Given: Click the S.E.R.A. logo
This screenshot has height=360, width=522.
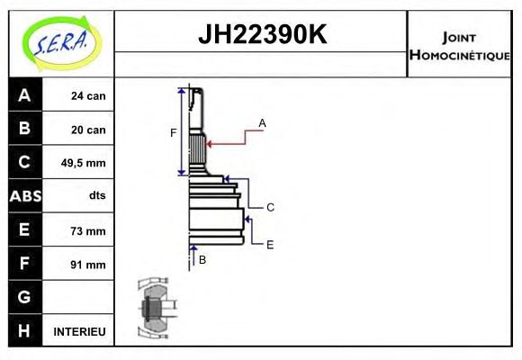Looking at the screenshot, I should click(x=60, y=42).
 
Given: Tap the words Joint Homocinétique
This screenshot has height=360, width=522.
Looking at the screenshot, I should click(x=459, y=45).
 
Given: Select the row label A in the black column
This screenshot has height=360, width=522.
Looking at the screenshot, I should click(x=24, y=95).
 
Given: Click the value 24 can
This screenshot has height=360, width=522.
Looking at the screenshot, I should click(x=88, y=96).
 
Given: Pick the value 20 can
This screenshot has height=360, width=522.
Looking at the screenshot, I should click(x=88, y=130).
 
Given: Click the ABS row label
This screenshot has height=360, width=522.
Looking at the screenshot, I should click(x=24, y=196).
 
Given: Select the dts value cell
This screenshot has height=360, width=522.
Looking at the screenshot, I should click(x=97, y=196).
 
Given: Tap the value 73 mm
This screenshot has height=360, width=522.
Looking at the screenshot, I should click(x=88, y=230).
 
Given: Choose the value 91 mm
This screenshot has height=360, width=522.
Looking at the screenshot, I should click(x=88, y=264).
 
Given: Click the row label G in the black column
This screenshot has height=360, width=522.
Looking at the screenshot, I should click(x=24, y=297).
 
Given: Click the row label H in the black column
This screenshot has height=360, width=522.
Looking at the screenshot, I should click(x=24, y=331).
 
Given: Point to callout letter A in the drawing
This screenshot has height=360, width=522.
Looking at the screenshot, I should click(x=262, y=122).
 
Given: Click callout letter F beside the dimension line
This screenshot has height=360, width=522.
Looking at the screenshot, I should click(x=174, y=133).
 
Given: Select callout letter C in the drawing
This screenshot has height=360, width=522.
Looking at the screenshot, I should click(x=270, y=207).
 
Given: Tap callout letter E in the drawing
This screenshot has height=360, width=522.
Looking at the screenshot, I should click(x=270, y=244).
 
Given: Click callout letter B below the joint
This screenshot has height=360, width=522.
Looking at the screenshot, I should click(x=202, y=260).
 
